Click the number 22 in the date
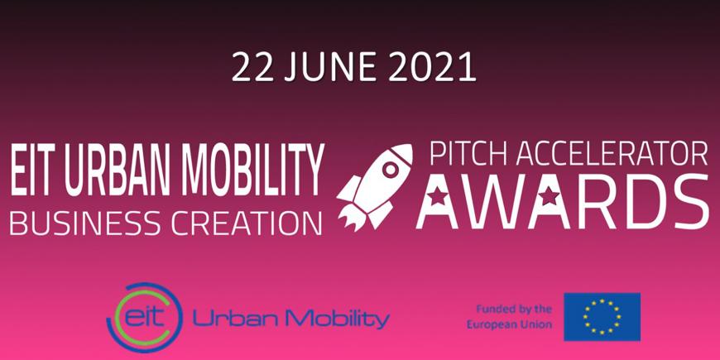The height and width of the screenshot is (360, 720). tap(252, 68)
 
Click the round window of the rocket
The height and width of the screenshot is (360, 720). tap(391, 170)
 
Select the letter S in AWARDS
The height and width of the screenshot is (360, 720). tap(684, 201)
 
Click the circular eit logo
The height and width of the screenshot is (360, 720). tap(144, 317)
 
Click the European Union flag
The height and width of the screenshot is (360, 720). tap(602, 317)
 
